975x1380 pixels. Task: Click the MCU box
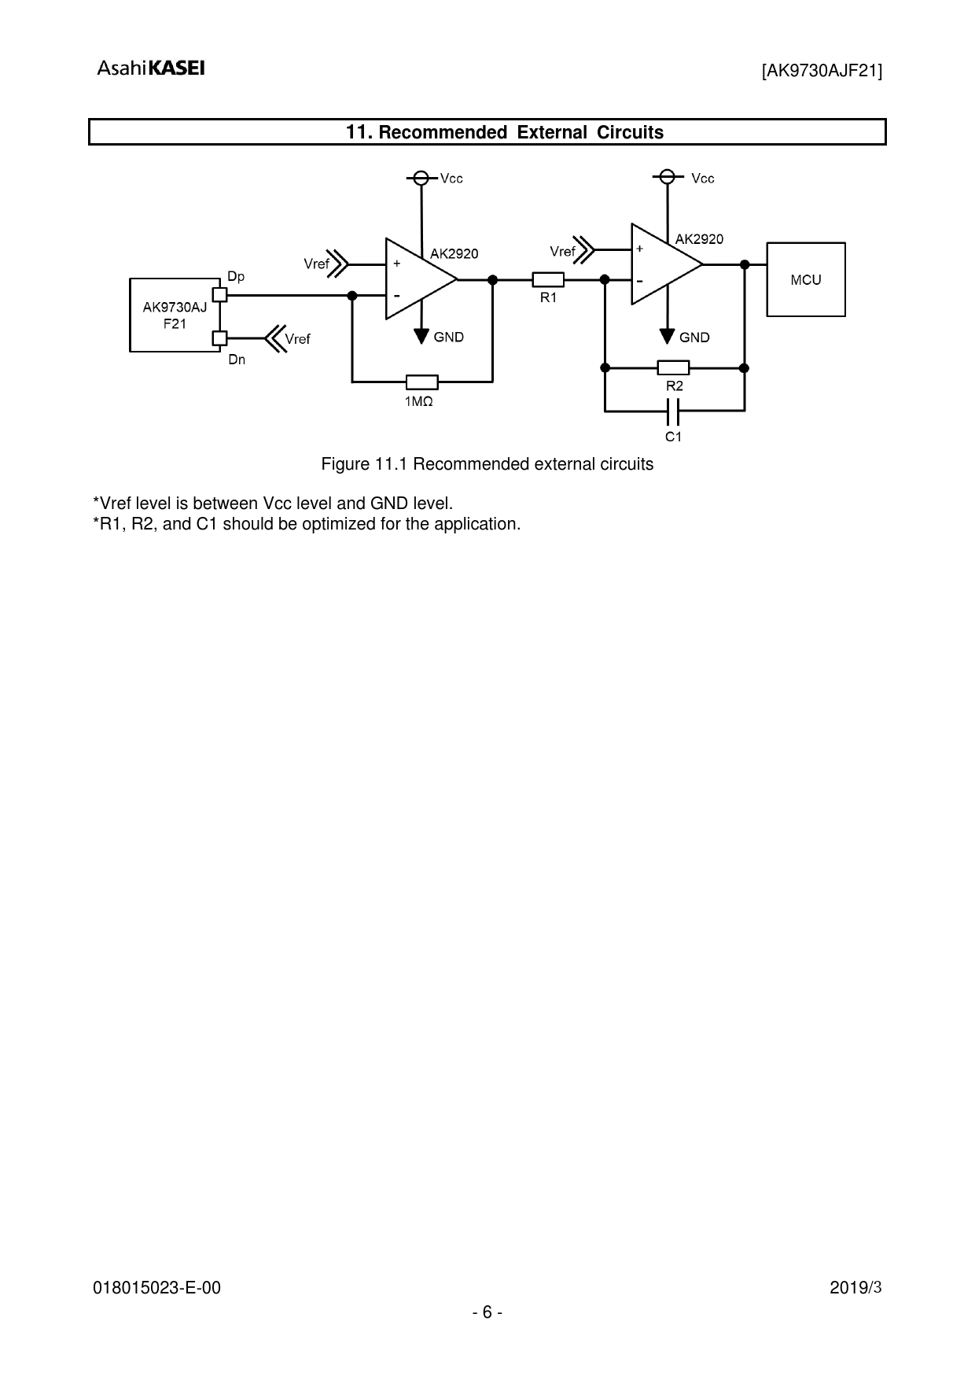pos(806,279)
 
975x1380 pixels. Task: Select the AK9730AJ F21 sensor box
pos(175,314)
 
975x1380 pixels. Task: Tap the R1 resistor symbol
pos(548,279)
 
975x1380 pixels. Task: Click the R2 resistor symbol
pos(673,367)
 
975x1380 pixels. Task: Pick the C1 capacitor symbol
pos(672,411)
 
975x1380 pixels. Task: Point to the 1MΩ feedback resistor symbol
pos(422,382)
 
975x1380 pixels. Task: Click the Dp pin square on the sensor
pos(220,295)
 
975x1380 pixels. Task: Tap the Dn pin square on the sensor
pos(220,338)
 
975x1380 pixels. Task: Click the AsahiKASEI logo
pos(151,68)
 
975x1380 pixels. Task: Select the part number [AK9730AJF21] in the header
pos(822,72)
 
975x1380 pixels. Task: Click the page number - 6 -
pos(487,1312)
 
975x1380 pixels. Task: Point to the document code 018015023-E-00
pos(157,1288)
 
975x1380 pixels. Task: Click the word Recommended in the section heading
pos(443,132)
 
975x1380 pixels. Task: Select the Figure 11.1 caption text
pos(487,464)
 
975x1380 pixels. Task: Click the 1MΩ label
pos(419,401)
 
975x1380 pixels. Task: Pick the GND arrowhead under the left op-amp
pos(422,336)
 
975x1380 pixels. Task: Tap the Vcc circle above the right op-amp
pos(667,176)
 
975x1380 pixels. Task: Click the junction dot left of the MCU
pos(744,264)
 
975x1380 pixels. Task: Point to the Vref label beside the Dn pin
pos(297,339)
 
